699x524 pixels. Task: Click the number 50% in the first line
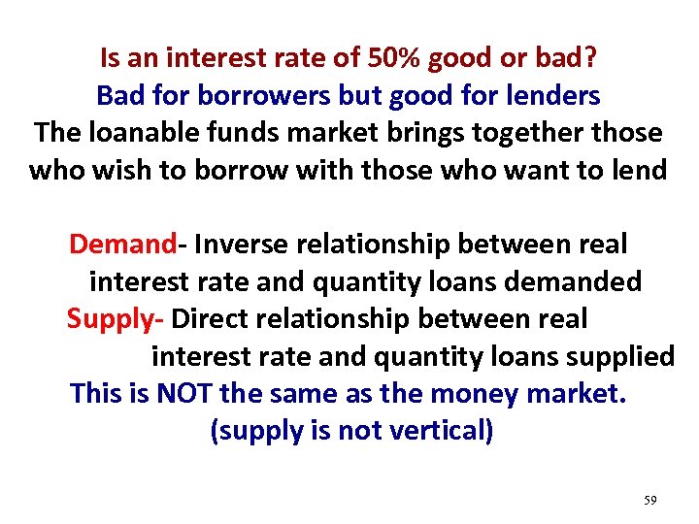(395, 59)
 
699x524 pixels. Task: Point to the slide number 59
(650, 501)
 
